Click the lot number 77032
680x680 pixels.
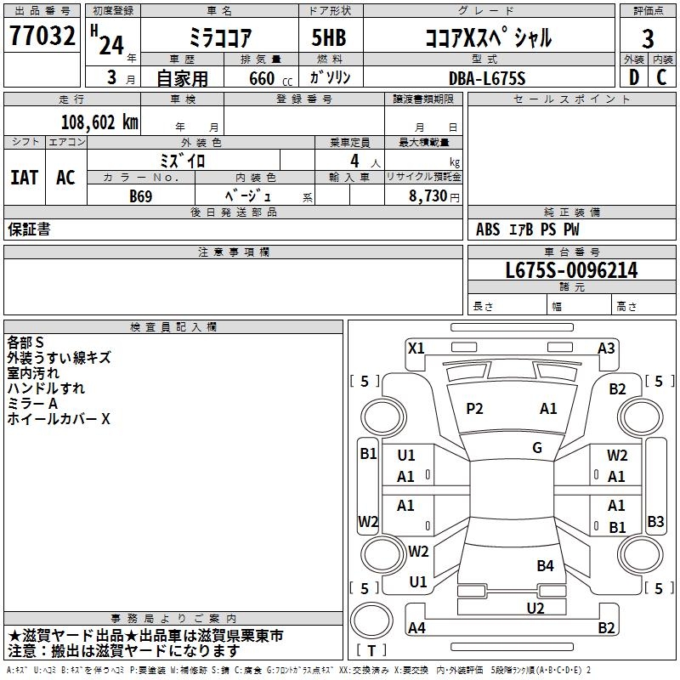coord(42,37)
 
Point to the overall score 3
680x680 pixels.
coord(648,38)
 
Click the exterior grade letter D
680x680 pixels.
coord(633,77)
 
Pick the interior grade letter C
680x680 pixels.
coord(662,77)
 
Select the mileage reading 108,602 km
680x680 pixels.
coord(99,122)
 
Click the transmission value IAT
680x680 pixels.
coord(25,178)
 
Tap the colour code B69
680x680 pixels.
coord(141,195)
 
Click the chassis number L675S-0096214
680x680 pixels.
coord(571,271)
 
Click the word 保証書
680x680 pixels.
coord(29,229)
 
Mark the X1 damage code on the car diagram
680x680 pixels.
coord(416,348)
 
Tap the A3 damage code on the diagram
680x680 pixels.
coord(606,348)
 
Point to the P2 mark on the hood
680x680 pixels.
coord(474,409)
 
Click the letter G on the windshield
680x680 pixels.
coord(537,447)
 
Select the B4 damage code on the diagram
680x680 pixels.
coord(545,565)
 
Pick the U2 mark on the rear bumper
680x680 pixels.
coord(535,608)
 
